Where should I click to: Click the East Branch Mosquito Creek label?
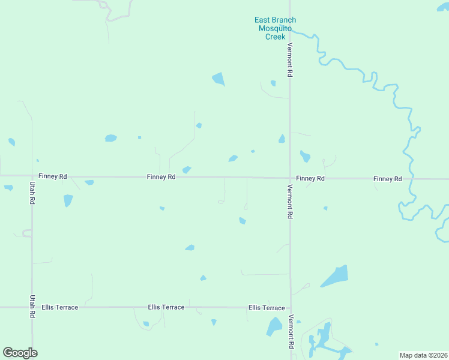[274, 28]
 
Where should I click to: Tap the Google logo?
[20, 353]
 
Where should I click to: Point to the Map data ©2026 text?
[423, 355]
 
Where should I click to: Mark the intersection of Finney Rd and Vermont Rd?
[290, 178]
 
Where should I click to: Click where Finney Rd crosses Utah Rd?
[32, 176]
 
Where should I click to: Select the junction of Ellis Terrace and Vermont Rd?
[291, 308]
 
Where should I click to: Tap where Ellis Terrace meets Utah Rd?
[32, 307]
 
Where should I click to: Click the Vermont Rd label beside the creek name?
[290, 60]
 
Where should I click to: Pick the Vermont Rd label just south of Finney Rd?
[290, 202]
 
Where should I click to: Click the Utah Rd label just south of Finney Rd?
[32, 194]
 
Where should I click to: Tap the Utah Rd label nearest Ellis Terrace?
[32, 307]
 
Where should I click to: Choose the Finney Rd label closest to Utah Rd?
[53, 176]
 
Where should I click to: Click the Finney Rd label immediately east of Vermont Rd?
[310, 179]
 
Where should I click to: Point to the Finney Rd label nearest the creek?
[387, 179]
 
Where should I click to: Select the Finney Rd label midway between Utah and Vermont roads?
[161, 177]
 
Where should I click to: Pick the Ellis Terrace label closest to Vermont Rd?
[267, 308]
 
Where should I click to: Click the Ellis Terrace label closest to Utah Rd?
[60, 307]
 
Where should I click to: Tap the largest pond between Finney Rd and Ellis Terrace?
[335, 276]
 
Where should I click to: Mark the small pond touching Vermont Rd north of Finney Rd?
[282, 139]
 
